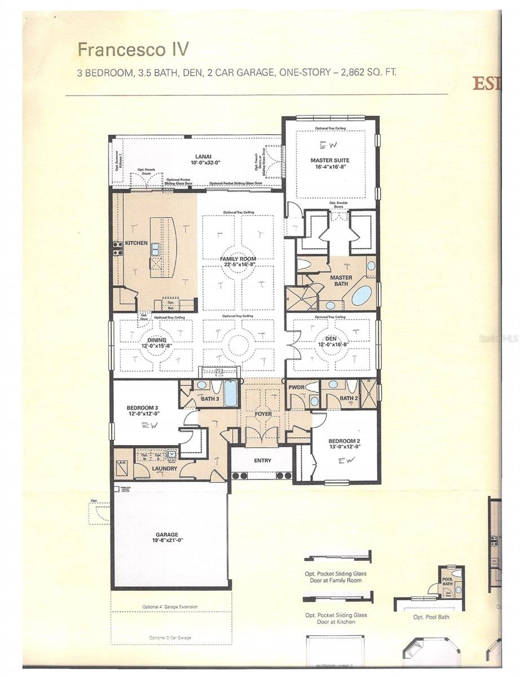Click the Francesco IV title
(133, 50)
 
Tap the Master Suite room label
(330, 161)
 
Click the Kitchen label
(136, 243)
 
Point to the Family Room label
(238, 258)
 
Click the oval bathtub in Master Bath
(362, 295)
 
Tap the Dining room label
(157, 340)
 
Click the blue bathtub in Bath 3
(231, 394)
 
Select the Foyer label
(263, 414)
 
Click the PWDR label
(297, 388)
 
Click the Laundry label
(164, 468)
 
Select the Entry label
(262, 460)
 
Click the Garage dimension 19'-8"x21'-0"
(168, 540)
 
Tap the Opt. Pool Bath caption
(431, 617)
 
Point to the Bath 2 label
(349, 398)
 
